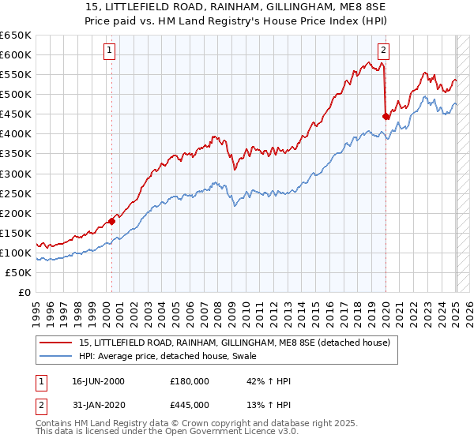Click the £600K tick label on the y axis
click(16, 54)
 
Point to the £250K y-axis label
click(16, 193)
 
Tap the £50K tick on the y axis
click(18, 272)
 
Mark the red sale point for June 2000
click(111, 221)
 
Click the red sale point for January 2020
click(386, 116)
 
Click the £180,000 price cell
click(190, 381)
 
